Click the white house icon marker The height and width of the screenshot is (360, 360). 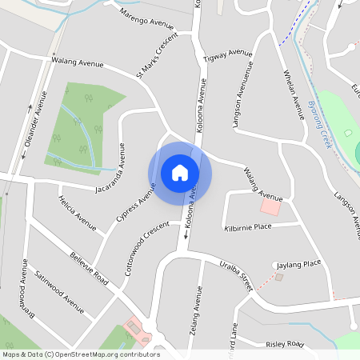click(180, 173)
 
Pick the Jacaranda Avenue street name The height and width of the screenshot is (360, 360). click(111, 168)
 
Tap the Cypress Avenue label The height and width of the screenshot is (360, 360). click(137, 203)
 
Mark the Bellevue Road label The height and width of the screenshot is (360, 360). click(89, 267)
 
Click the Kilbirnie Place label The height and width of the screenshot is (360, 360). click(247, 227)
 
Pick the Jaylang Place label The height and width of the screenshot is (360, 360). click(298, 263)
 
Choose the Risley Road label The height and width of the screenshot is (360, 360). click(285, 344)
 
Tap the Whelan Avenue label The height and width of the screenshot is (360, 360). click(294, 94)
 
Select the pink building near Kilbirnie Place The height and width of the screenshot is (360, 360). click(271, 207)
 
